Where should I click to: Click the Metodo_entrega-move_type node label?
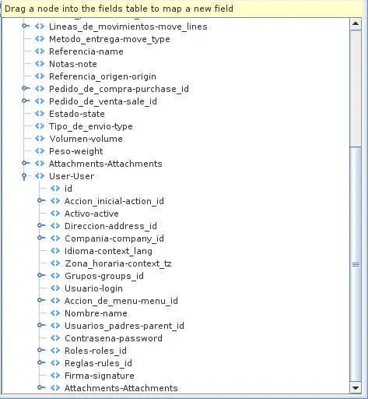[x=110, y=39]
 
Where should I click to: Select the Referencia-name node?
[x=86, y=51]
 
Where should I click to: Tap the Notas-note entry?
[x=73, y=64]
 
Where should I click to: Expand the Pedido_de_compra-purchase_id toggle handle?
[x=25, y=88]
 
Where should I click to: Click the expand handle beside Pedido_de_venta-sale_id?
[x=25, y=101]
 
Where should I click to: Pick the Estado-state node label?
[x=77, y=114]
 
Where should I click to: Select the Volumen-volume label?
[x=86, y=139]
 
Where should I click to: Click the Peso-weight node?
[x=75, y=151]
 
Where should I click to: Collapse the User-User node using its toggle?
[x=25, y=176]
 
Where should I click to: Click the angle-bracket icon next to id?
[x=55, y=188]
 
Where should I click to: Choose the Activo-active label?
[x=92, y=214]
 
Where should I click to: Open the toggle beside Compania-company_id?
[x=40, y=238]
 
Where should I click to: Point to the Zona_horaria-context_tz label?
[x=118, y=263]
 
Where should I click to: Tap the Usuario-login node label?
[x=93, y=288]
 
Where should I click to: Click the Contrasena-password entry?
[x=114, y=338]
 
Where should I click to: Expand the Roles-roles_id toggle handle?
[x=40, y=350]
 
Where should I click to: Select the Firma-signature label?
[x=100, y=376]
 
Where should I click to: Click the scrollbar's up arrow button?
[x=356, y=24]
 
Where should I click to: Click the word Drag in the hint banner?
[x=15, y=9]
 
